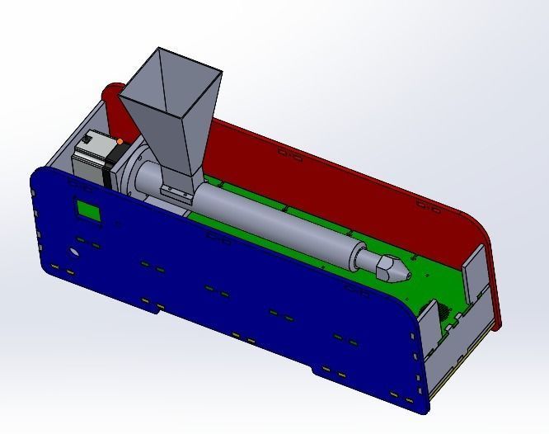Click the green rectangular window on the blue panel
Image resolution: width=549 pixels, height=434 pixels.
click(88, 211)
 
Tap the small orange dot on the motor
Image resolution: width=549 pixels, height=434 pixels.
click(120, 142)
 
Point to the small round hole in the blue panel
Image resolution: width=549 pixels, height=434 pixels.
click(74, 252)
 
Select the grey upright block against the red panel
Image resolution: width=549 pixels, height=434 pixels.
click(476, 272)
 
